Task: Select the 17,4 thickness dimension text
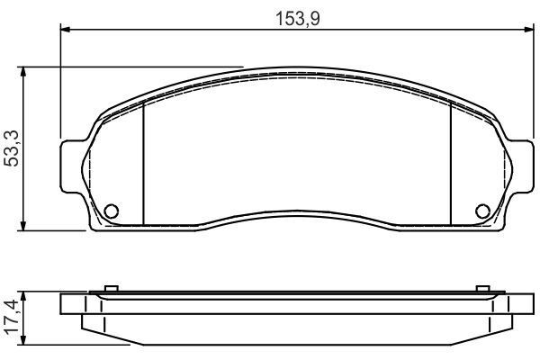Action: coord(12,319)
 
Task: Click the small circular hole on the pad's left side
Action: coord(112,211)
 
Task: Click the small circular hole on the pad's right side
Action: coord(482,211)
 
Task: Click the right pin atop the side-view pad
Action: coord(486,289)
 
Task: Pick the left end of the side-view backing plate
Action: coord(65,303)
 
